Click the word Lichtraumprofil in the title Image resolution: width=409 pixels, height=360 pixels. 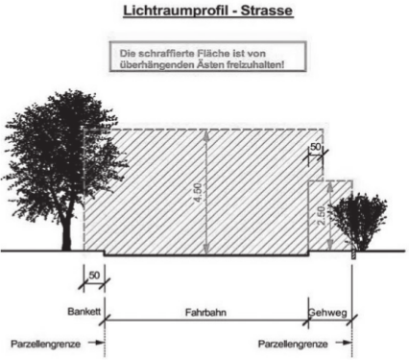(x=176, y=11)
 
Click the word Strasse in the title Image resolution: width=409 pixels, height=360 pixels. (x=267, y=10)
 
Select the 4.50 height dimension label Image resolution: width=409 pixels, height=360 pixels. (x=198, y=193)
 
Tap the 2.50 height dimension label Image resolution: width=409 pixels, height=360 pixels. (x=322, y=215)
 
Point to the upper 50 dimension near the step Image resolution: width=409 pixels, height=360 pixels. (x=315, y=147)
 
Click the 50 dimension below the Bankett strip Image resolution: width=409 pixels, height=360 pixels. (x=94, y=276)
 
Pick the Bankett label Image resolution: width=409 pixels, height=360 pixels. (x=84, y=311)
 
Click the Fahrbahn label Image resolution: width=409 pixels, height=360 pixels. (x=205, y=312)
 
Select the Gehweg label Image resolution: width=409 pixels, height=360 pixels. (x=327, y=312)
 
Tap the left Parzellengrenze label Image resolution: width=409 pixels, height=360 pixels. (x=45, y=345)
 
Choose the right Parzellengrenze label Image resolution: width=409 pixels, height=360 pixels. (x=293, y=345)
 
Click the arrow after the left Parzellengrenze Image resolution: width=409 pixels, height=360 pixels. (x=96, y=343)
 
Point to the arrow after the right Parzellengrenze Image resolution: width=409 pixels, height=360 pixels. (x=344, y=343)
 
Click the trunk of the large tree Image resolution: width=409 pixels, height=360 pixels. (x=66, y=232)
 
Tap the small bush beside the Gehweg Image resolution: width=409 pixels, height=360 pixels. (x=358, y=221)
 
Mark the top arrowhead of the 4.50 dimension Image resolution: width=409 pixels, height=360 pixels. (x=206, y=135)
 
